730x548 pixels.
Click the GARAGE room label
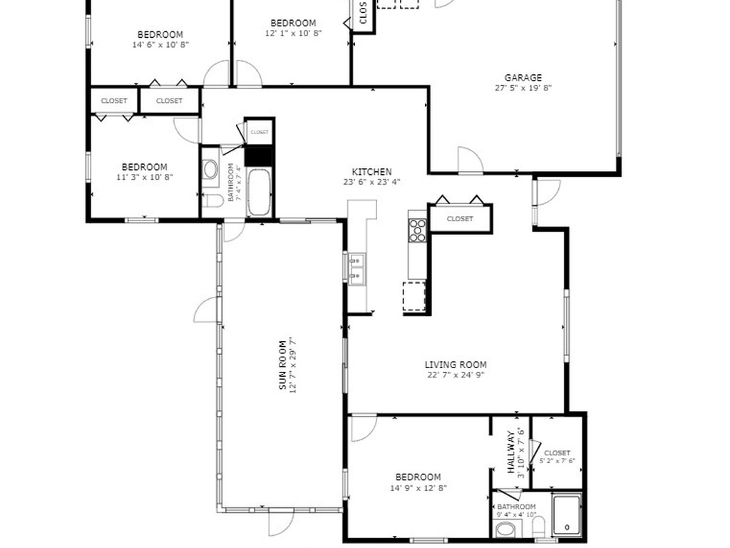pyautogui.click(x=523, y=78)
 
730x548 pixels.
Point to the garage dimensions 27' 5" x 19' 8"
pyautogui.click(x=523, y=88)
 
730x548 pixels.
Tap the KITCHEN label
pyautogui.click(x=371, y=172)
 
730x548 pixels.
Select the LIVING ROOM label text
pyautogui.click(x=456, y=365)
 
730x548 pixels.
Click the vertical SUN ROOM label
pyautogui.click(x=282, y=365)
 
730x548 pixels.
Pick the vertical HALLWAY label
pyautogui.click(x=511, y=452)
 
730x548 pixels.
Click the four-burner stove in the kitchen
pyautogui.click(x=417, y=230)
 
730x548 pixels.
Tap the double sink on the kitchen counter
pyautogui.click(x=356, y=268)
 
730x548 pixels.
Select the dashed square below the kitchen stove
pyautogui.click(x=414, y=296)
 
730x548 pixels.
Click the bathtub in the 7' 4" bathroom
pyautogui.click(x=259, y=192)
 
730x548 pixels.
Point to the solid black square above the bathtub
pyautogui.click(x=259, y=156)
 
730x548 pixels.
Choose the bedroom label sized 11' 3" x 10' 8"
pyautogui.click(x=144, y=167)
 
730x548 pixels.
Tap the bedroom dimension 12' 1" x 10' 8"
pyautogui.click(x=293, y=33)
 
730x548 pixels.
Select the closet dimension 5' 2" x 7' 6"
pyautogui.click(x=557, y=461)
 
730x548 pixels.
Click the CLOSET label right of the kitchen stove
pyautogui.click(x=460, y=219)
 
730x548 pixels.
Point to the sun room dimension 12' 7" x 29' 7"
pyautogui.click(x=292, y=365)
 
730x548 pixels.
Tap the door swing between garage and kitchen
pyautogui.click(x=470, y=160)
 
